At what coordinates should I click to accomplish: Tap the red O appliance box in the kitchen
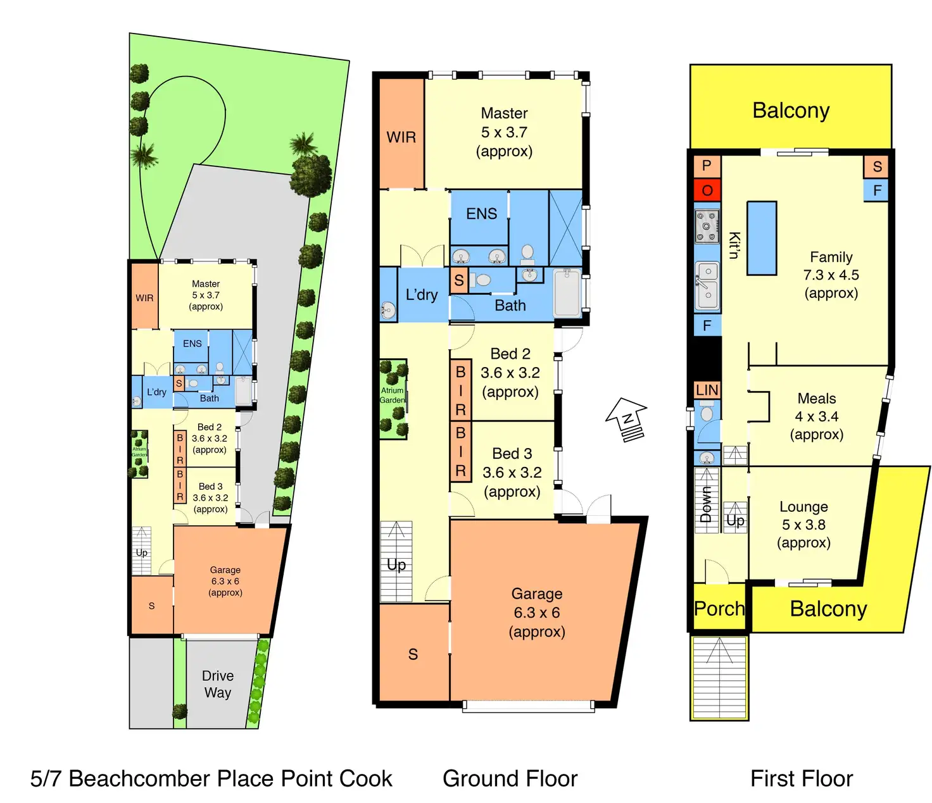click(707, 190)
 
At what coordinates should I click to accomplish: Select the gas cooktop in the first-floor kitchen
click(707, 227)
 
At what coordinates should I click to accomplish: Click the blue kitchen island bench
click(762, 238)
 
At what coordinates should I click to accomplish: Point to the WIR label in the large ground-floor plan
click(401, 137)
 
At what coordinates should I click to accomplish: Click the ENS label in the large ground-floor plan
click(481, 214)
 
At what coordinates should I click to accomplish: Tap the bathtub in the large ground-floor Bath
click(567, 293)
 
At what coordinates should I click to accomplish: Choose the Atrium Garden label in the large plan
click(393, 395)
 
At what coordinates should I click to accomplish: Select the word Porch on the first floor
click(719, 609)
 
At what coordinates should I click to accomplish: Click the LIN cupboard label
click(707, 390)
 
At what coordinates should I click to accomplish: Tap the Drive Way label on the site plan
click(218, 684)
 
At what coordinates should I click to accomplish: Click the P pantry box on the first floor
click(707, 166)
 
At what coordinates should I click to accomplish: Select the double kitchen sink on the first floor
click(707, 286)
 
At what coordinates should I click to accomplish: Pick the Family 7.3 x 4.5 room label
click(831, 275)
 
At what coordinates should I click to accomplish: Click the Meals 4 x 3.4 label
click(817, 416)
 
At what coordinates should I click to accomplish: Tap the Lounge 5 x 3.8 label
click(803, 525)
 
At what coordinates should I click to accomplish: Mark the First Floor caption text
click(801, 778)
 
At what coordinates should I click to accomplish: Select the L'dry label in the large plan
click(422, 295)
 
